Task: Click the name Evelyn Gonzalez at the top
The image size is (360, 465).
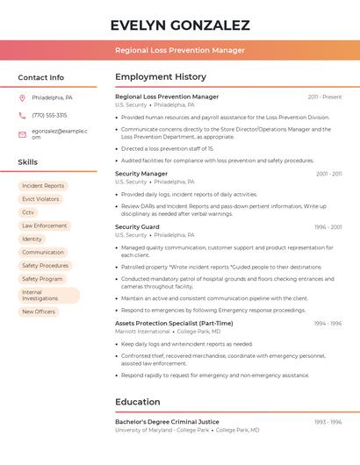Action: click(180, 25)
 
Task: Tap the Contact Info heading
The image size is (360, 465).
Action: click(40, 77)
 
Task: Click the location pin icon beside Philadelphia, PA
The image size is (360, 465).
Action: click(22, 97)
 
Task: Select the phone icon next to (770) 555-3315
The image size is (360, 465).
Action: click(22, 115)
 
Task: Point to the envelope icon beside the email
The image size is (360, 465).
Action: click(22, 134)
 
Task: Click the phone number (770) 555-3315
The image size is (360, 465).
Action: click(49, 115)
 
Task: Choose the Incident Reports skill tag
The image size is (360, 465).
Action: click(43, 186)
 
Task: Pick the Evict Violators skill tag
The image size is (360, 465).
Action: click(40, 199)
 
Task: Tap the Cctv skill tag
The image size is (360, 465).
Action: click(28, 212)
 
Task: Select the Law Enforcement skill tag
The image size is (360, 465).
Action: click(44, 225)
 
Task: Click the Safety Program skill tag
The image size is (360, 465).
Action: click(42, 279)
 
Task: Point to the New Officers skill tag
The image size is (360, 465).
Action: click(39, 311)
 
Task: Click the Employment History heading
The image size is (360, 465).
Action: click(161, 77)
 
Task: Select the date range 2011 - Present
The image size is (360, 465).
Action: click(325, 97)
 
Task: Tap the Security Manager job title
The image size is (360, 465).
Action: click(141, 174)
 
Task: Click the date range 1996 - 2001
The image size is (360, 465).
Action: click(328, 227)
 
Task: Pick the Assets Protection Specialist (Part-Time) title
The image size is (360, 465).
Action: click(174, 323)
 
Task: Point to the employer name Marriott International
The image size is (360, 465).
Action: click(142, 332)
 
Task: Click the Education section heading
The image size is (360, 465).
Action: click(138, 402)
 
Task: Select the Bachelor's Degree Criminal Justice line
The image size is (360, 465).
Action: click(167, 422)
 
